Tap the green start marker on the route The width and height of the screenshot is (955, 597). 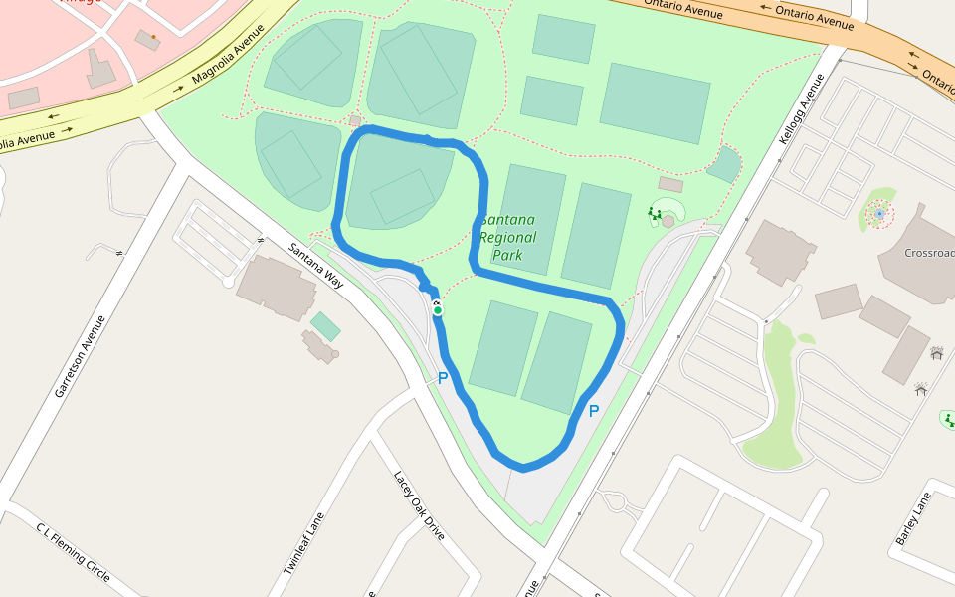(438, 310)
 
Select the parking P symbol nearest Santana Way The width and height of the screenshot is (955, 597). (443, 378)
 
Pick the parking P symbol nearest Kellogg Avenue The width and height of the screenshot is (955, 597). (594, 411)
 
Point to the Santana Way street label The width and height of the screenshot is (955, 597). (316, 266)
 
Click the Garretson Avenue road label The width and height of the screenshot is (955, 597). (81, 356)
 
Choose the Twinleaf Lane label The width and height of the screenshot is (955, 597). (304, 542)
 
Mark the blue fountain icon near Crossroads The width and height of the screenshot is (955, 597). (879, 213)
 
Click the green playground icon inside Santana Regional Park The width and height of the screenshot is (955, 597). (655, 212)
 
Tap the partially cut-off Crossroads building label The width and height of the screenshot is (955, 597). (929, 253)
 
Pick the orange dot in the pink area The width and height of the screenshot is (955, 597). (153, 37)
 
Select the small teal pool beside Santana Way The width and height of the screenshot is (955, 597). (324, 325)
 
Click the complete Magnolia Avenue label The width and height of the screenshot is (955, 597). (226, 63)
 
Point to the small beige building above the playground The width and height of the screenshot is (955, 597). (670, 185)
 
